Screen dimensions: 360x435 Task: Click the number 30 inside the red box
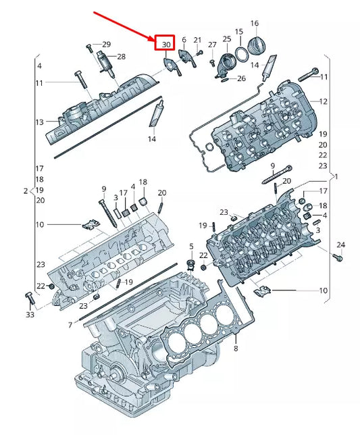[166, 45]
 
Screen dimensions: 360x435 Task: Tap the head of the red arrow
[153, 41]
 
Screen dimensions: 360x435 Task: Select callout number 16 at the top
[255, 23]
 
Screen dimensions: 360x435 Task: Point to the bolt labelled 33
[30, 299]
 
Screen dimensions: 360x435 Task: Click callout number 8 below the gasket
[236, 348]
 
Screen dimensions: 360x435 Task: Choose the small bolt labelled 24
[338, 257]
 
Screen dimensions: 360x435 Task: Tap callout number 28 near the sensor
[121, 57]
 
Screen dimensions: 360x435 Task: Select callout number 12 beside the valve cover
[323, 101]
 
